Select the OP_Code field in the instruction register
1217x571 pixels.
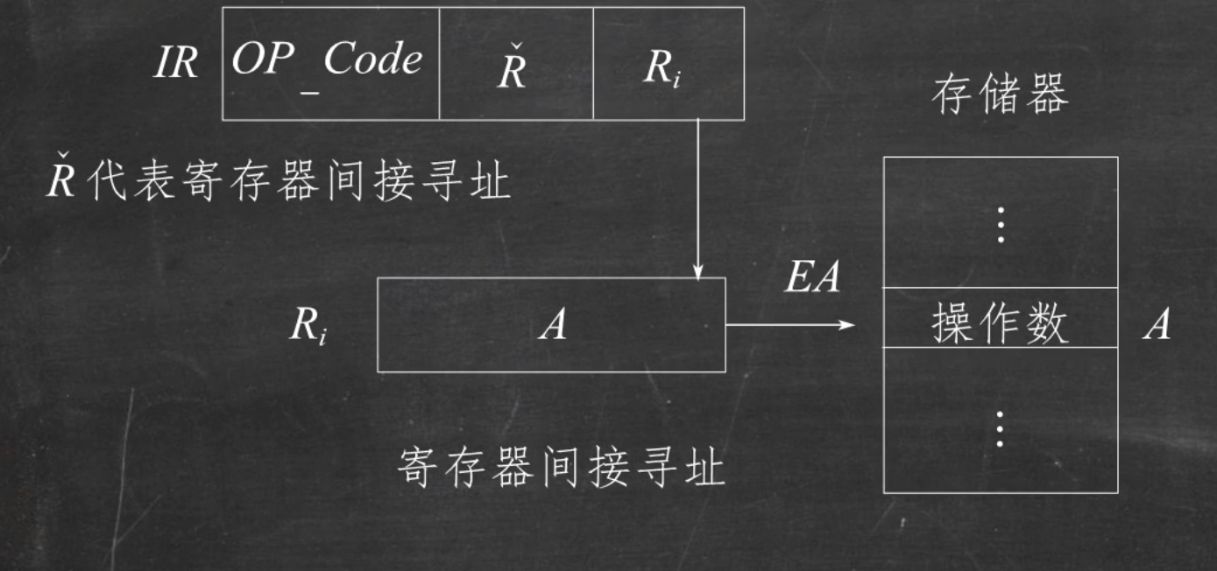point(329,63)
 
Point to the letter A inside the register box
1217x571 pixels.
point(552,327)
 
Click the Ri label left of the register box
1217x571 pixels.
point(308,328)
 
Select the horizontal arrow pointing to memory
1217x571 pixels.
point(789,325)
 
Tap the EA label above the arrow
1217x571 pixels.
point(810,278)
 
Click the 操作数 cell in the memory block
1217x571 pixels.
point(1000,325)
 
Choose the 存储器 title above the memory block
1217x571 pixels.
point(1000,95)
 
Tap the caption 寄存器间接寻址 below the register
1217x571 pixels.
point(561,467)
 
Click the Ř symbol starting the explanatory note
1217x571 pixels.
point(60,181)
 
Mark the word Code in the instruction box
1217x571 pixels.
point(372,60)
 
